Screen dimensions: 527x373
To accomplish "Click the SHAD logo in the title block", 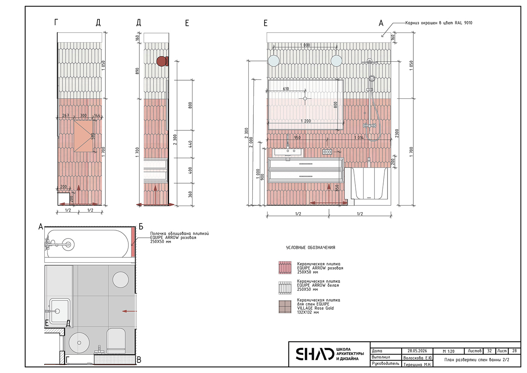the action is coord(315,354).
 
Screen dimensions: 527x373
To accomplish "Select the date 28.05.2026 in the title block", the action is coord(417,351).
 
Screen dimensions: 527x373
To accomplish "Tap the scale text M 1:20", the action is coord(448,351).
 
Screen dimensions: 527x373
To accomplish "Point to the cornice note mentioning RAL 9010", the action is coord(439,23).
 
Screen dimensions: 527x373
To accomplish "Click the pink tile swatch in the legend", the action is coord(285,268).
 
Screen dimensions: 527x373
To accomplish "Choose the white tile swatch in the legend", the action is coord(285,288).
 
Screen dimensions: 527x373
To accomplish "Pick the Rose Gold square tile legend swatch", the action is coord(285,307).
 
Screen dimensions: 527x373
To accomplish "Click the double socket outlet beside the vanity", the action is coord(327,152).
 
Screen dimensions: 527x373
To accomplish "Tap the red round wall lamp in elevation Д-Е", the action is coord(161,61).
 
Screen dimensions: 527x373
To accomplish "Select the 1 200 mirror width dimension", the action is coord(306,121).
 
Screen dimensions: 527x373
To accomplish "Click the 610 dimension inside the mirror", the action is coord(286,89).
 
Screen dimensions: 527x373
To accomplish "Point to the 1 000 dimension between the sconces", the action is coord(305,45).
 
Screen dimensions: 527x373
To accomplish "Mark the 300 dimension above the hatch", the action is coord(83,115).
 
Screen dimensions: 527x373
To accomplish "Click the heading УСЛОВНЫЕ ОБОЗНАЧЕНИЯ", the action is coord(311,248).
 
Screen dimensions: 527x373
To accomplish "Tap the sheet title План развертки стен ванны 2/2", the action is coord(477,360).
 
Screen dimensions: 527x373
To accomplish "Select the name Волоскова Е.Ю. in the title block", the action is coord(417,358).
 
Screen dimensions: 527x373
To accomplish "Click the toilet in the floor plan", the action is coord(116,340).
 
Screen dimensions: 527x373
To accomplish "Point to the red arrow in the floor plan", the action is coord(129,311).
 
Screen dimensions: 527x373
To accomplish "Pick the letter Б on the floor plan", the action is coord(141,226).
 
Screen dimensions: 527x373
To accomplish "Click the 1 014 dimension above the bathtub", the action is coord(359,138).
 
